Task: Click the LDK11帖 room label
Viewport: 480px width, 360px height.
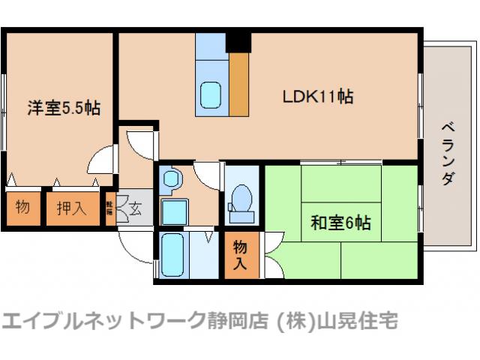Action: point(318,97)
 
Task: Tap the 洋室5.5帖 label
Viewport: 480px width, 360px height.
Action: point(64,107)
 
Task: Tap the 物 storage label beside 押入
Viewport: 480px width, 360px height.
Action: point(22,208)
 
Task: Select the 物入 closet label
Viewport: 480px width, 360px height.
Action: point(240,254)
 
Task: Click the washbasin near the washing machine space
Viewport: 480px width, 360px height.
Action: point(171,180)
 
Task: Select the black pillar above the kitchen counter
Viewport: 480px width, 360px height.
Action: point(239,42)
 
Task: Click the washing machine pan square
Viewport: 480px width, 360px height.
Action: point(174,211)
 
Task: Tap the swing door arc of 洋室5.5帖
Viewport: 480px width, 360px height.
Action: point(99,159)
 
